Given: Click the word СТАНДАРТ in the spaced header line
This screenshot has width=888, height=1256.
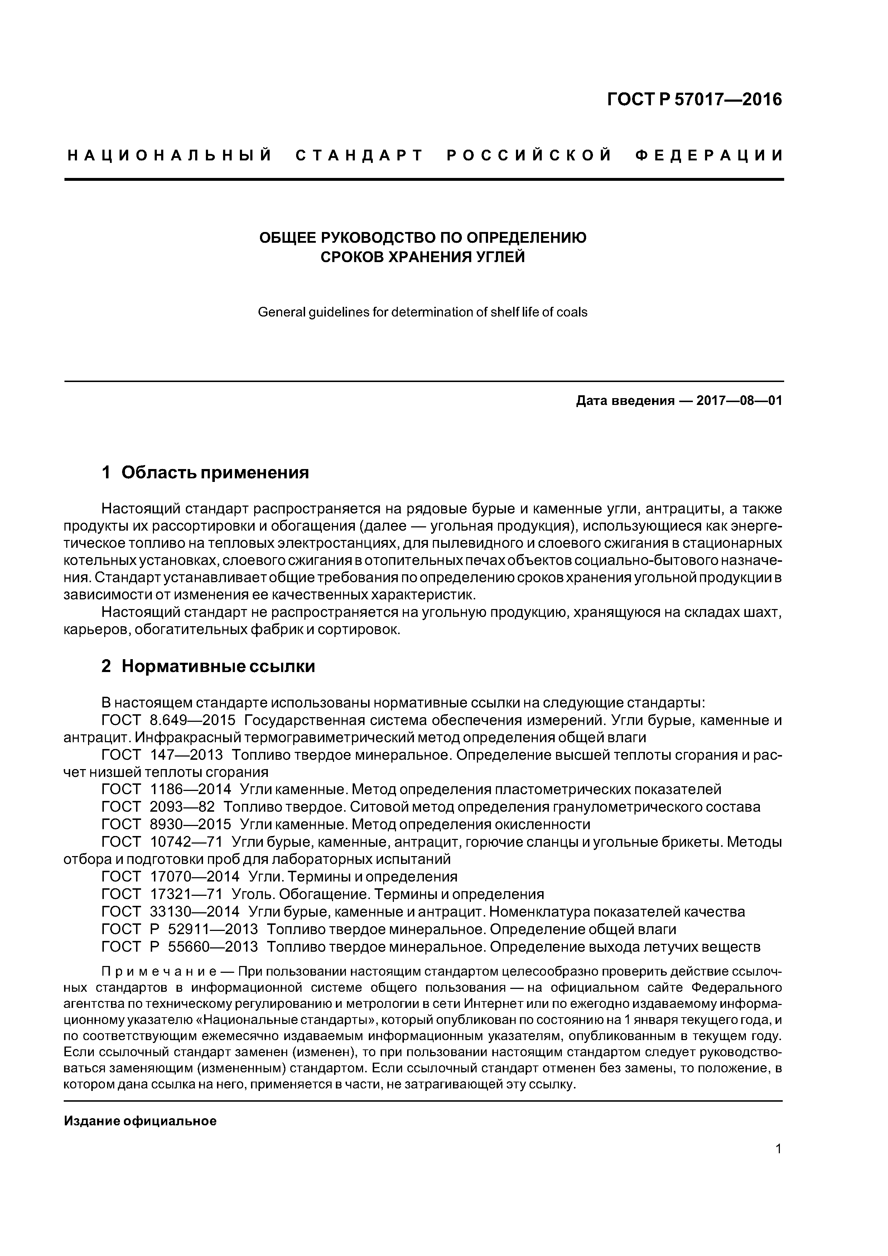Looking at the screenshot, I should click(x=359, y=156).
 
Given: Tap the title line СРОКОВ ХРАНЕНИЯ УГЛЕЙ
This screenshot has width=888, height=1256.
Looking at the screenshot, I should click(x=423, y=257).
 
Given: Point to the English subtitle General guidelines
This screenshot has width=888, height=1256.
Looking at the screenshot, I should click(x=423, y=312).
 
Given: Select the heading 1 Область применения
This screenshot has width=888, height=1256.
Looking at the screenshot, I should click(x=206, y=472).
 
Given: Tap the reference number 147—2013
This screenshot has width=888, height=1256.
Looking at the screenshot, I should click(x=186, y=755).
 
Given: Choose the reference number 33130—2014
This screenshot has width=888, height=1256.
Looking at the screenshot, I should click(x=194, y=911).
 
